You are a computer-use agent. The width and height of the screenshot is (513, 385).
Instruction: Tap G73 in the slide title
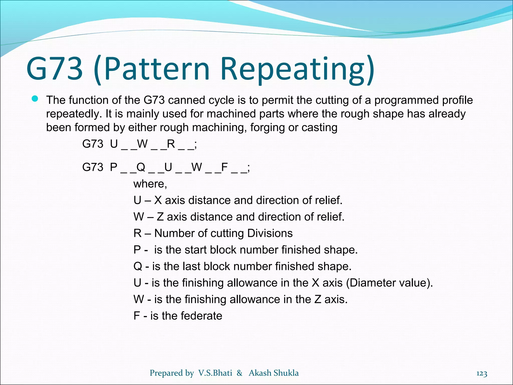pos(54,69)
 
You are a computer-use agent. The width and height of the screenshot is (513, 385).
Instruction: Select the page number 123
pos(481,373)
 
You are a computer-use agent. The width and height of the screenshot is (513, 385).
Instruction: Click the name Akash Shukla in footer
pos(274,373)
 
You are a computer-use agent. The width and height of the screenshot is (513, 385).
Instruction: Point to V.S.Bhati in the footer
pos(215,373)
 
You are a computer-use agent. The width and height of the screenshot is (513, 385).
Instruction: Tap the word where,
pos(150,184)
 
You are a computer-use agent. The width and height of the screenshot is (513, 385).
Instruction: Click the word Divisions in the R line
pos(270,233)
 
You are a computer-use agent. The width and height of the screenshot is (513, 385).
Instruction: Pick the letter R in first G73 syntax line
pos(171,144)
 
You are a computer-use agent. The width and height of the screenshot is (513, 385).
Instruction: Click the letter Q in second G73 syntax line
pos(141,167)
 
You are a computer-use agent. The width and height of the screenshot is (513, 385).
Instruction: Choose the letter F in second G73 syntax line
pos(224,167)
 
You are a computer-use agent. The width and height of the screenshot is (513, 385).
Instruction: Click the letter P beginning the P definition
pos(137,250)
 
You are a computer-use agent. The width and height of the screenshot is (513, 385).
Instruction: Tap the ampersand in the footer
pos(239,373)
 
